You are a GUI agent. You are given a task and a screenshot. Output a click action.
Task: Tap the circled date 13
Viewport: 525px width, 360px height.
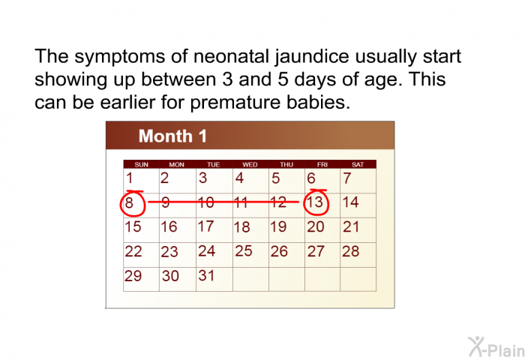click(x=316, y=202)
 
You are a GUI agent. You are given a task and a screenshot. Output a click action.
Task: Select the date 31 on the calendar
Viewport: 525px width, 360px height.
click(x=206, y=276)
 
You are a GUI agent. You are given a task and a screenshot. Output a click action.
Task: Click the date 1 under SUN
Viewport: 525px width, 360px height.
click(x=130, y=178)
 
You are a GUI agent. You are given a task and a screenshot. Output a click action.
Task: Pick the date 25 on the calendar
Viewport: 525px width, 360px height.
click(x=243, y=251)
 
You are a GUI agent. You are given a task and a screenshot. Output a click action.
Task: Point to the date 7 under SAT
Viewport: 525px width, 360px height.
click(x=347, y=178)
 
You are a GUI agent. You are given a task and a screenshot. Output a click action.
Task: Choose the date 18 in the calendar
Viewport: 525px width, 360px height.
click(x=241, y=227)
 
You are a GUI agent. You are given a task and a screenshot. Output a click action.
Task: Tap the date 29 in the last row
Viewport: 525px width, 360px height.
click(x=133, y=276)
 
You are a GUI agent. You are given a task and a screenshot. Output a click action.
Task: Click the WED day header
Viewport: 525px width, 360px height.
click(x=250, y=164)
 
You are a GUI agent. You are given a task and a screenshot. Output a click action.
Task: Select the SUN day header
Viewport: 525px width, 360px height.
click(x=141, y=164)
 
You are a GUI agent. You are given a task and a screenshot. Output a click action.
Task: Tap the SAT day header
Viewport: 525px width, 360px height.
click(x=358, y=164)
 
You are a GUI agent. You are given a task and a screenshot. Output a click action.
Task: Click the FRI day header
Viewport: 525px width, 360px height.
click(x=322, y=164)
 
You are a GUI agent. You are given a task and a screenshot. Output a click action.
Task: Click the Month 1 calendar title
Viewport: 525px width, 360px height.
click(x=172, y=136)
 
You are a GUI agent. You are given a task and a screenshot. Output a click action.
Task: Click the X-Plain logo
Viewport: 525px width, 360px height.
click(x=490, y=346)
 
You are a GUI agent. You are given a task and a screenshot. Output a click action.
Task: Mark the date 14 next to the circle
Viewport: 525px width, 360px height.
click(x=350, y=202)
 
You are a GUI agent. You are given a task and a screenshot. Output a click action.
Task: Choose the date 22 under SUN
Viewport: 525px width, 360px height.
click(x=133, y=252)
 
